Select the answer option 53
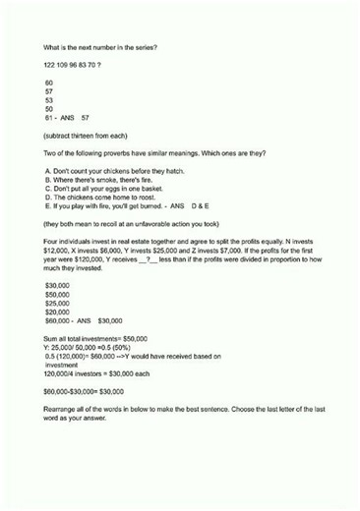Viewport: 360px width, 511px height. point(49,99)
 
